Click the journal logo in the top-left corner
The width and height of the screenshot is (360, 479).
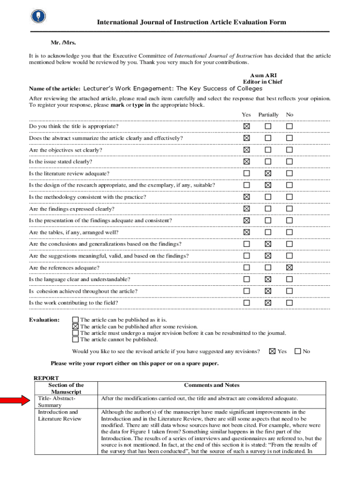(x=38, y=16)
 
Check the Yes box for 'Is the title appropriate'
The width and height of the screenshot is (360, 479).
(x=246, y=126)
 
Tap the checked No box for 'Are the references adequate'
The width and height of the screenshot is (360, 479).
(x=289, y=268)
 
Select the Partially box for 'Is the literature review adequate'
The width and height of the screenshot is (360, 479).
(x=268, y=174)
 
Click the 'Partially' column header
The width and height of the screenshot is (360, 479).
(x=268, y=115)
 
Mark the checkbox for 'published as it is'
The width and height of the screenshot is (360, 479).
(x=75, y=320)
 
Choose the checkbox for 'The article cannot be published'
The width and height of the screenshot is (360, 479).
(x=75, y=340)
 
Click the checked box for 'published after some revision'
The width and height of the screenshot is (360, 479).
(x=75, y=327)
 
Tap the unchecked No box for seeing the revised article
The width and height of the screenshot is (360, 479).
(x=297, y=351)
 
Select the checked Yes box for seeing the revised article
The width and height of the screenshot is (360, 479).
(x=272, y=351)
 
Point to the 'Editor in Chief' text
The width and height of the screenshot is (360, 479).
(x=262, y=82)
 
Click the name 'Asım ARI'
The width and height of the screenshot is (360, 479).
(x=263, y=75)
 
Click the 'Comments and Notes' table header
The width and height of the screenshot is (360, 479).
(x=211, y=385)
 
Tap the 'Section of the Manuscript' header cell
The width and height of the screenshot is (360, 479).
(x=66, y=388)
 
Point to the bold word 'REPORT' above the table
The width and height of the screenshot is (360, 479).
(x=46, y=378)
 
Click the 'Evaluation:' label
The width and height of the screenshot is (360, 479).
(x=44, y=320)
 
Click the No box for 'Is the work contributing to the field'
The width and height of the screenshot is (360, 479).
(x=289, y=303)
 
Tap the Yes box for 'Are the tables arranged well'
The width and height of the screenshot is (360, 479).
(x=246, y=232)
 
